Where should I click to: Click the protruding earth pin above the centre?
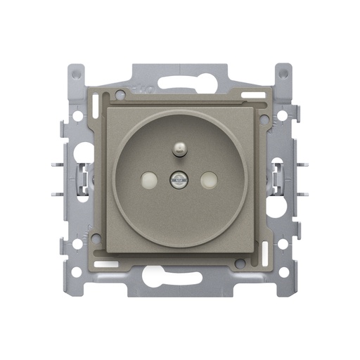pyautogui.click(x=181, y=148)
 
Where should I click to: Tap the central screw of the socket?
pyautogui.click(x=180, y=181)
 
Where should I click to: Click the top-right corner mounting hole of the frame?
pyautogui.click(x=283, y=72)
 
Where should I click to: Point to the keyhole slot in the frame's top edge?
pyautogui.click(x=180, y=80)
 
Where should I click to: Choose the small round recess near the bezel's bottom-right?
pyautogui.click(x=240, y=263)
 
